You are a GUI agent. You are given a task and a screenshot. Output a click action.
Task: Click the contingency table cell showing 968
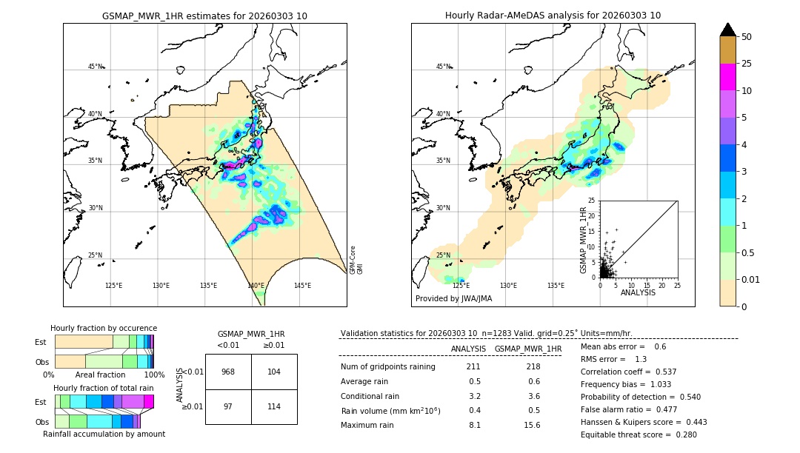tap(228, 372)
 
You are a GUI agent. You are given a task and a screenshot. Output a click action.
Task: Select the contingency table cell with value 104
tap(274, 372)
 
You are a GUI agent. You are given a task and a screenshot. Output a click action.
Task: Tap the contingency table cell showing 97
tap(228, 407)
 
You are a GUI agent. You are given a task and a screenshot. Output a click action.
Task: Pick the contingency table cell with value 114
tap(274, 407)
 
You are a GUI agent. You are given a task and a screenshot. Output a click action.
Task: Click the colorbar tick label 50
tap(747, 37)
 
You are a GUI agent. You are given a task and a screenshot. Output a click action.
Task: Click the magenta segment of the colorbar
tap(727, 77)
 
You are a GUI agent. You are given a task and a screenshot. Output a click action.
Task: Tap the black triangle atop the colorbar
tap(727, 30)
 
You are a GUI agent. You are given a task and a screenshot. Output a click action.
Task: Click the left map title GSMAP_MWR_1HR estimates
tap(204, 16)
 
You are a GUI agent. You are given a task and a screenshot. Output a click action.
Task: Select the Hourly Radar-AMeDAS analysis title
tap(553, 16)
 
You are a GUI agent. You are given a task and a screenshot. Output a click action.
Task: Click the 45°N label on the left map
tap(96, 67)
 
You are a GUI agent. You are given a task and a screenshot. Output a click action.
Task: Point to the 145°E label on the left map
tap(302, 286)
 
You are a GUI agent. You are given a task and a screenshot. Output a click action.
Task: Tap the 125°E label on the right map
tap(461, 286)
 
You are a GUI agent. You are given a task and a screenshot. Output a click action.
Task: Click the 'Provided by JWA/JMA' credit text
tap(453, 298)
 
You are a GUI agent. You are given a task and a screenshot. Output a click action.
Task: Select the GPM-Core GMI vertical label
tap(356, 260)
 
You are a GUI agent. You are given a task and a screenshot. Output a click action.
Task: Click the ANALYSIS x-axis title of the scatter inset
tap(638, 292)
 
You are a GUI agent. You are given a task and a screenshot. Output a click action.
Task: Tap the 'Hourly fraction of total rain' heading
tap(103, 388)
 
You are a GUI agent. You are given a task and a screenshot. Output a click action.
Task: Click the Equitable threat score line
tap(639, 434)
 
